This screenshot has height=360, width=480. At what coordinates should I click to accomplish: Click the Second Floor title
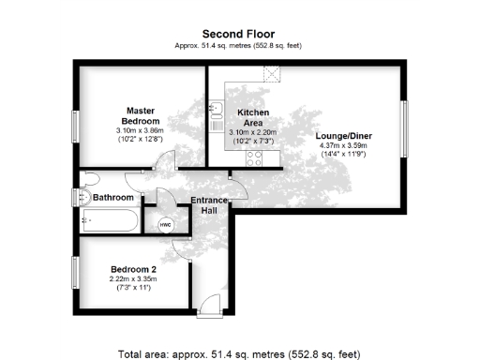pyautogui.click(x=239, y=34)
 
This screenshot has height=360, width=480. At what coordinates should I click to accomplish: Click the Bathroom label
pyautogui.click(x=113, y=198)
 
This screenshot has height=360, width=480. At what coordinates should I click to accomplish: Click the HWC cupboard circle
pyautogui.click(x=166, y=225)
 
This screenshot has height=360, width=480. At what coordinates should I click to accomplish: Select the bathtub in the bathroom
pyautogui.click(x=110, y=221)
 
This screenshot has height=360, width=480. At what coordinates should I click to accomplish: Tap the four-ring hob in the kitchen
pyautogui.click(x=254, y=159)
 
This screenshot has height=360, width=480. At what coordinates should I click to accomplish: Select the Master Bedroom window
pyautogui.click(x=75, y=127)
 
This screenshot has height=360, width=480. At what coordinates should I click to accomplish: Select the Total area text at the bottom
pyautogui.click(x=239, y=354)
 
